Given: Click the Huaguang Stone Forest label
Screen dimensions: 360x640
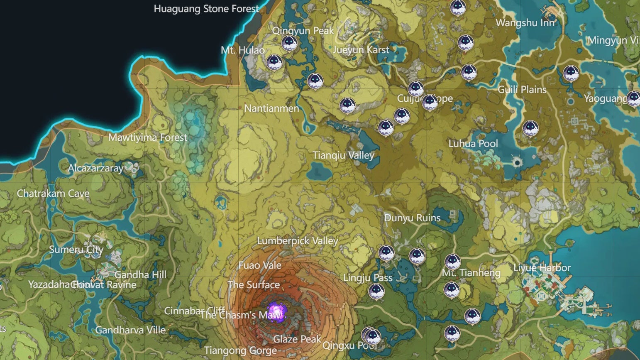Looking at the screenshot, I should (x=206, y=9).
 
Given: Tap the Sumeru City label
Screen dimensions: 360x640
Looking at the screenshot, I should (x=76, y=250).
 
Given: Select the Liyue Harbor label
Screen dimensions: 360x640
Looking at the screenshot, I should (x=542, y=268).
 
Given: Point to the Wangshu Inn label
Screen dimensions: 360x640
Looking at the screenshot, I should (x=525, y=23).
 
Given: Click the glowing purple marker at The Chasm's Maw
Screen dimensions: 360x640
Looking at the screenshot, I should (x=276, y=312).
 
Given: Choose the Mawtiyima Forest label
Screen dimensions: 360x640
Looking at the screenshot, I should (x=148, y=137).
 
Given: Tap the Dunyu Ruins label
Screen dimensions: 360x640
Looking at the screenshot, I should (x=412, y=218).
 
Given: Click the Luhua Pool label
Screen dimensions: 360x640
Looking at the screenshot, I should (x=473, y=144).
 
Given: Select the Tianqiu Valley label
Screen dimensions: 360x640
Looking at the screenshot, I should (x=343, y=155).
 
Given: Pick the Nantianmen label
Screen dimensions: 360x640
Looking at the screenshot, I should (x=271, y=108).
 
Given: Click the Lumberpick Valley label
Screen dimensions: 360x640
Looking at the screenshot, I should (x=298, y=241).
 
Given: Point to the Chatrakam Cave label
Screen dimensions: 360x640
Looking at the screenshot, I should (x=53, y=193).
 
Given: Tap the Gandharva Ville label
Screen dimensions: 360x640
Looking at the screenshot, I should (x=130, y=330).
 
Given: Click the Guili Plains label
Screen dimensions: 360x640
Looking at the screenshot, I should (x=522, y=90).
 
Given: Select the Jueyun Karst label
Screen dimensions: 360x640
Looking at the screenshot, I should (x=361, y=50).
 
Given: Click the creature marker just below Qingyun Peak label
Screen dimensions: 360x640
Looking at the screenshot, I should (x=289, y=42).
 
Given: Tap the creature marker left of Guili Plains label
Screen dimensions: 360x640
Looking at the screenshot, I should (x=469, y=72).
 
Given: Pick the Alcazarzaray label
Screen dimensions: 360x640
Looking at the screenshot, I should (x=95, y=168).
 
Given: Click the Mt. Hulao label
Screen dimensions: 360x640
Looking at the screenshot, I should (x=243, y=50).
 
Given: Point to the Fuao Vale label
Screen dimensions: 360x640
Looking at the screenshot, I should (x=260, y=265).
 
